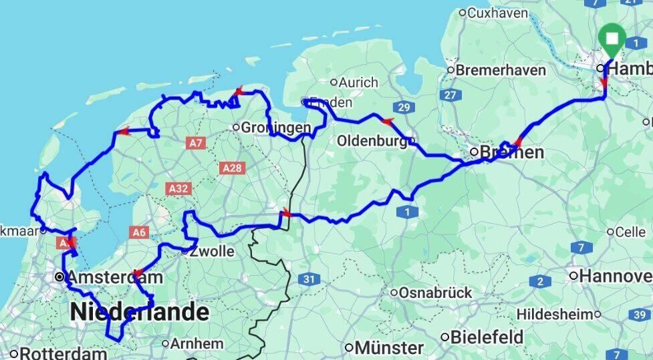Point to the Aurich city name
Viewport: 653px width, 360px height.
(x=358, y=83)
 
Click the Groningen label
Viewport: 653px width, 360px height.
(x=275, y=127)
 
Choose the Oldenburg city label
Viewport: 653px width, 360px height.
(x=372, y=141)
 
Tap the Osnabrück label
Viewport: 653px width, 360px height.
(x=435, y=293)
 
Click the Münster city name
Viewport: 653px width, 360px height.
(x=388, y=347)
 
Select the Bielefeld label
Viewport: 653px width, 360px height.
(x=486, y=336)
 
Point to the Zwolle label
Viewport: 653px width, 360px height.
(x=213, y=252)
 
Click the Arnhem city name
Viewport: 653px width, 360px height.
(x=197, y=343)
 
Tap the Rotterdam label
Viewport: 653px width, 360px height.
(x=63, y=353)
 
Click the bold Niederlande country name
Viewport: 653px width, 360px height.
(x=139, y=311)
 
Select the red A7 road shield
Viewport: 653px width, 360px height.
(x=195, y=143)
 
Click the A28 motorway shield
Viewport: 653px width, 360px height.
(x=231, y=168)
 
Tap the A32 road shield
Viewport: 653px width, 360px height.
(x=178, y=189)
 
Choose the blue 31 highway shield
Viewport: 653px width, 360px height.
(x=308, y=279)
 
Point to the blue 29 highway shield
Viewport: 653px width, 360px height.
(x=402, y=108)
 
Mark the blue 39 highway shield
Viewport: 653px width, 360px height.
(x=640, y=315)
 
